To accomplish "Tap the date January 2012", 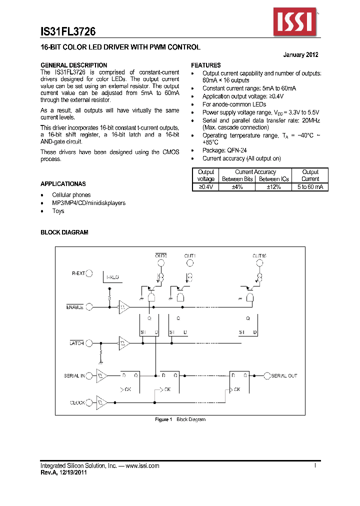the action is coord(300,55).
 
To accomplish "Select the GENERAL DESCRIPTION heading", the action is coord(73,65).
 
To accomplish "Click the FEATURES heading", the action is coord(206,65).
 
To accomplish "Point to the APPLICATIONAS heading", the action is coord(63,184).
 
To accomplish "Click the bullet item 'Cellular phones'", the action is coord(71,195).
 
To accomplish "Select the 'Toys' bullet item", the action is coord(58,211).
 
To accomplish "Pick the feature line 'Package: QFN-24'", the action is coord(224,150).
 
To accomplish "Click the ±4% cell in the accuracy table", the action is coord(237,186).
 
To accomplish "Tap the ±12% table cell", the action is coord(273,186).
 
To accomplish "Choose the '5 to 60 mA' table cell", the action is coord(310,186).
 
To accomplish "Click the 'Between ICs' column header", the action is coord(273,179).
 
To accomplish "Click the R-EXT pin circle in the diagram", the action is coord(89,273).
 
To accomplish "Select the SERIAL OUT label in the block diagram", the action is coord(284,375).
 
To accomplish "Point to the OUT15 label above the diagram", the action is coord(259,255).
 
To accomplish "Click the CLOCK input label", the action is coord(77,402).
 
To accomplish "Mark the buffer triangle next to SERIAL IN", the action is coord(102,375).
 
